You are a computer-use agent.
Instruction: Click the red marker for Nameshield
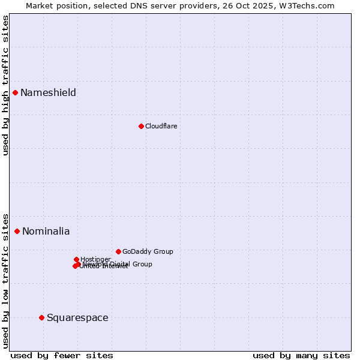pos(15,92)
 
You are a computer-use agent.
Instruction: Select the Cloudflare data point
pos(141,126)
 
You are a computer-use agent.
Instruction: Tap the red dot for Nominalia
pos(17,231)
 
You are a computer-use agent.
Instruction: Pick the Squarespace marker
pos(41,317)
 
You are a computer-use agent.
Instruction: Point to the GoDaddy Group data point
pos(118,251)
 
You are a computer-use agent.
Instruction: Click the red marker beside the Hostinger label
pos(76,259)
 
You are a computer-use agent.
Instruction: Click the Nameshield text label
pos(48,92)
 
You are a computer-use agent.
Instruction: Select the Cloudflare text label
pos(161,126)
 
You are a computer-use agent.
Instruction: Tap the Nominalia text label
pos(46,231)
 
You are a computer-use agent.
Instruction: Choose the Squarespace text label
pos(77,317)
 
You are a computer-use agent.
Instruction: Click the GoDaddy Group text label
pos(147,251)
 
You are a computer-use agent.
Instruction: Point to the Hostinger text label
pos(95,259)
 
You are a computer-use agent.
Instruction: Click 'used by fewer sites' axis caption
pos(62,355)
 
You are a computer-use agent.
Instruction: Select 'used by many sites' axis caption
pos(301,355)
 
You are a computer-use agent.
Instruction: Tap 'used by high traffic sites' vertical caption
pos(5,85)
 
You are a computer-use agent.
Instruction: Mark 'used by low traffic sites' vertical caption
pos(5,281)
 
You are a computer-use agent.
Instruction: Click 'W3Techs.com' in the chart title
pos(310,5)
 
